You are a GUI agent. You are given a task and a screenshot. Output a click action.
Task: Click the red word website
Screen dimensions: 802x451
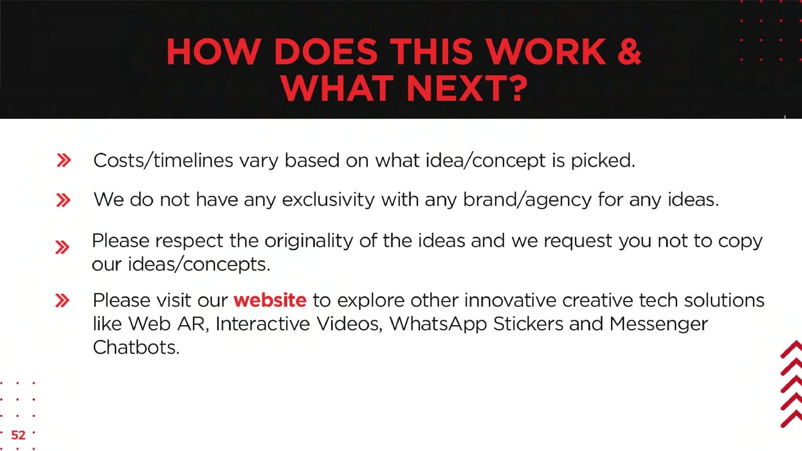coord(270,300)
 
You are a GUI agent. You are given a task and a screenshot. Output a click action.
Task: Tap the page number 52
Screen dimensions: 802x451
coord(18,435)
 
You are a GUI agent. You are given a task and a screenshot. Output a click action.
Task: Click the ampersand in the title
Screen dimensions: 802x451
coord(629,52)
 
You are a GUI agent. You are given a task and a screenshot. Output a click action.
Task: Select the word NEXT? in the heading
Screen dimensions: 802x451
coord(467,88)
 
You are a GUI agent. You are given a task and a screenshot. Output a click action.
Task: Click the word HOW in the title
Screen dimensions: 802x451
coord(214,52)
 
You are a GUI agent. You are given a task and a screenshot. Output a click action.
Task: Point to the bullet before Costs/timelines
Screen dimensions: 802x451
coord(64,160)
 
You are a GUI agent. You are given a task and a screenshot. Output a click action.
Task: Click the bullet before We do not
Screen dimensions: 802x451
coord(63,200)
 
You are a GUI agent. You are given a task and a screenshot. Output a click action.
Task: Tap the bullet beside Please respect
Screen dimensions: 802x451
coord(62,248)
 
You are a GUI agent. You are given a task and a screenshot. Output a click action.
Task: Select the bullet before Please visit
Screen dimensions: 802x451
coord(62,300)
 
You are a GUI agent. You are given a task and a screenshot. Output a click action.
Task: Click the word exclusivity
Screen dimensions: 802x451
coord(328,200)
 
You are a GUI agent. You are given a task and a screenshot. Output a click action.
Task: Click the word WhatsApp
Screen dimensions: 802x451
coord(438,324)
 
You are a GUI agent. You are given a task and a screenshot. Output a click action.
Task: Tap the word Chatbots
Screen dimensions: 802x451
coord(136,348)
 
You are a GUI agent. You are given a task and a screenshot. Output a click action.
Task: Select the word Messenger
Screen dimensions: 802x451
coord(659,324)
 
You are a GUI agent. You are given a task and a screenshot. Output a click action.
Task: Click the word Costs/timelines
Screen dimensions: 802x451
coord(163,160)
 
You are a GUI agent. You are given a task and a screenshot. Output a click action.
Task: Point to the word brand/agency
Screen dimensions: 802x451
coord(527,200)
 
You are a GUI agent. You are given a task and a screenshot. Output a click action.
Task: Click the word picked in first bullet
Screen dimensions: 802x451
coord(603,160)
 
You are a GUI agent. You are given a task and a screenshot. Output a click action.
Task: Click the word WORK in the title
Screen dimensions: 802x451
coord(547,52)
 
